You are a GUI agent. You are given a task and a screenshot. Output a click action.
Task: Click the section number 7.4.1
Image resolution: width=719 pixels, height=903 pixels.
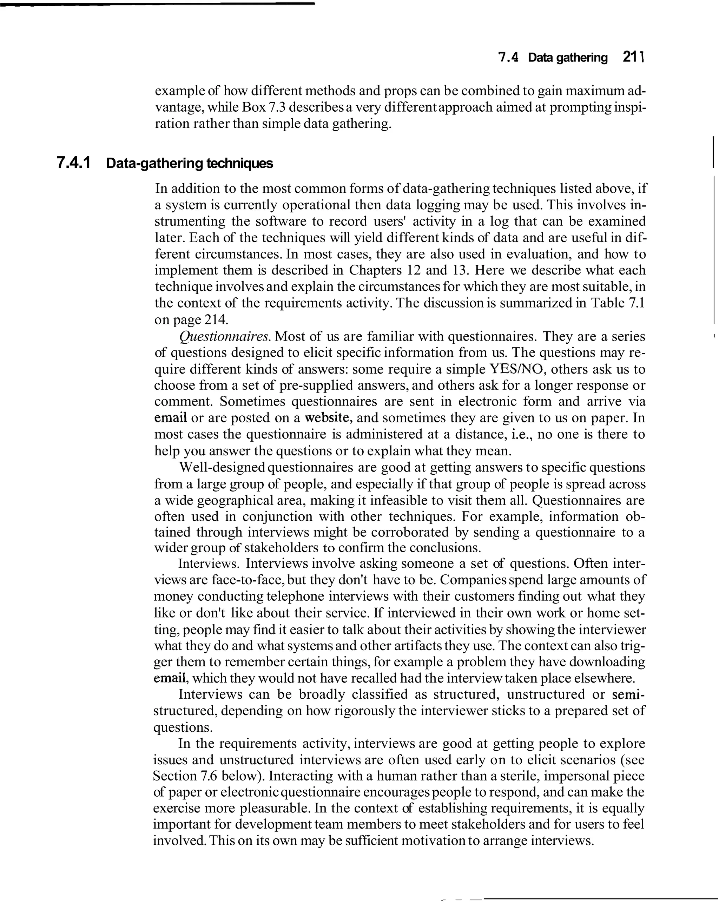74,163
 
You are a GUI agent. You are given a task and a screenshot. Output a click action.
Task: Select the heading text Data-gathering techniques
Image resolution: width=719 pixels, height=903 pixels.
189,163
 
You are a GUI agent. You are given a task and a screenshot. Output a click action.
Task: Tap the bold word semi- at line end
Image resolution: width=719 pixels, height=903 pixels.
628,694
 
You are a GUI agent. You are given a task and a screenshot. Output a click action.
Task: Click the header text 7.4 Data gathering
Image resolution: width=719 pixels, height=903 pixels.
553,57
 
